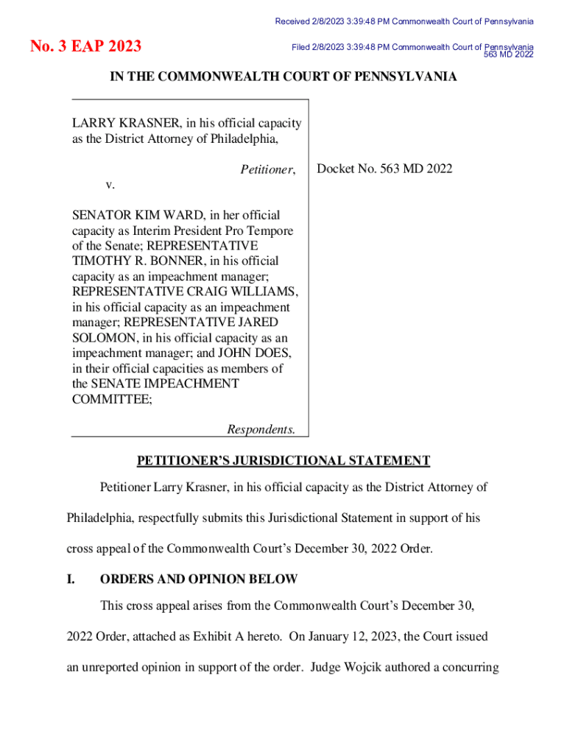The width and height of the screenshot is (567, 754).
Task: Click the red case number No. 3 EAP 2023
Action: [x=86, y=47]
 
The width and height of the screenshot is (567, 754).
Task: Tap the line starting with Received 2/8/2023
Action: [x=404, y=21]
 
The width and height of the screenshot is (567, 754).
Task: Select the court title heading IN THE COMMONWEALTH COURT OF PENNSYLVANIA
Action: [x=283, y=77]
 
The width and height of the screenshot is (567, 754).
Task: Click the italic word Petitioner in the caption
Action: [x=267, y=169]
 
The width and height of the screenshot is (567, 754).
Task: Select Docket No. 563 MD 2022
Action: [x=384, y=169]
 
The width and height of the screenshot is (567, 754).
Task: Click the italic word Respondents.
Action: [x=261, y=429]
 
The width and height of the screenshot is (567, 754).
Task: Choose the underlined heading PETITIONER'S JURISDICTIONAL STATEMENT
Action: [x=283, y=461]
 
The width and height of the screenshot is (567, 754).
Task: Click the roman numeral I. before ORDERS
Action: [x=71, y=579]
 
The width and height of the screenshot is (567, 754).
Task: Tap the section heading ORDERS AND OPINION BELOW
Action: [x=199, y=579]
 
